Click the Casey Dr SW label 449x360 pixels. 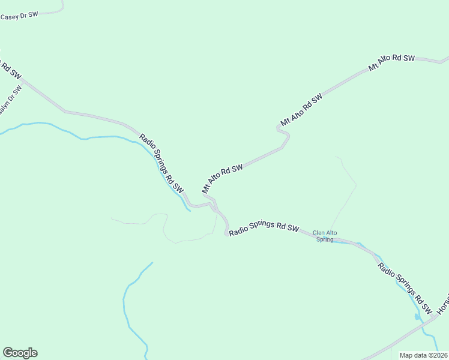(x=19, y=17)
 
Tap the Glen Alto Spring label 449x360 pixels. (x=323, y=236)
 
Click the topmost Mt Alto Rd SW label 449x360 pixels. (x=391, y=62)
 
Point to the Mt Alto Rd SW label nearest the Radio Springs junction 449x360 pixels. (x=222, y=178)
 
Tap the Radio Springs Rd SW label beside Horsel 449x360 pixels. (x=403, y=288)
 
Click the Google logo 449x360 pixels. (x=20, y=353)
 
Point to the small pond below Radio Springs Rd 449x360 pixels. (x=417, y=316)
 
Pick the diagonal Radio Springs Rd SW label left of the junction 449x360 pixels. (x=161, y=162)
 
